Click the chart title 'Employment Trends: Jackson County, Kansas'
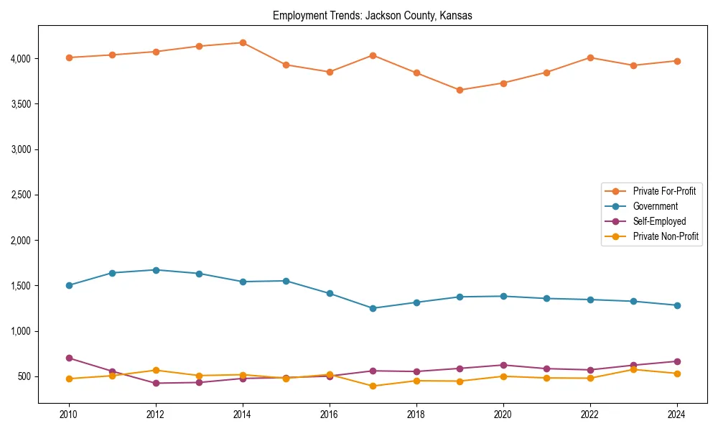372,16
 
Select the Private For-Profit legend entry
663,191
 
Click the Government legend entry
655,206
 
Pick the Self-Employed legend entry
659,221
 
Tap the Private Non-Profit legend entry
666,236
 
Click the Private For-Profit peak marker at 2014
243,42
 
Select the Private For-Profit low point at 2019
460,90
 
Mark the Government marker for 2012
156,270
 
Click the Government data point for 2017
373,308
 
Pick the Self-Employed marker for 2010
69,358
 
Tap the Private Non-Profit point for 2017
373,386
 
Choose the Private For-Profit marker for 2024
677,61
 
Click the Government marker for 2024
677,305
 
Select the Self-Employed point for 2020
503,365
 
